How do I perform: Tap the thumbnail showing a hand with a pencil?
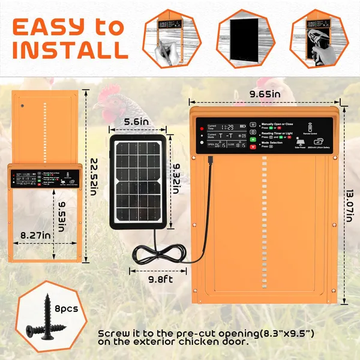tap(168, 37)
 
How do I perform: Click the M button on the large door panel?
tap(253, 123)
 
